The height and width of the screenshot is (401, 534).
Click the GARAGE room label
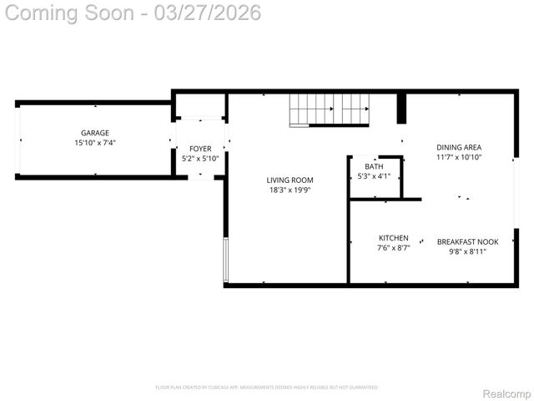click(94, 133)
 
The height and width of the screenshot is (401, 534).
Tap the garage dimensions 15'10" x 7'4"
click(94, 143)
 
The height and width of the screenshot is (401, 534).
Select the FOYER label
click(200, 148)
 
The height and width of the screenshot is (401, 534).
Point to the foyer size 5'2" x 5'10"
click(200, 158)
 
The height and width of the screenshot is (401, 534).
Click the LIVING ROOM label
click(290, 180)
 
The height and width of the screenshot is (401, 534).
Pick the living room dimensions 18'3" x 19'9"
click(290, 190)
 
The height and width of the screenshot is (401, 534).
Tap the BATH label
click(374, 166)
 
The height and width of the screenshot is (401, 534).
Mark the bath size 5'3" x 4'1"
click(374, 176)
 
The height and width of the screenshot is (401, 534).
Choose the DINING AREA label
click(459, 147)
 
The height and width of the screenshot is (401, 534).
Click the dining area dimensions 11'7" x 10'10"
click(459, 157)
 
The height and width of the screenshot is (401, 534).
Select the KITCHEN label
click(394, 238)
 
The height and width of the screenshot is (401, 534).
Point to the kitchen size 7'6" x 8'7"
click(394, 248)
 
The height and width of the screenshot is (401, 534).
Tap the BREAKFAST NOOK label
click(468, 242)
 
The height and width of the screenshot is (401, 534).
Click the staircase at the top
click(330, 109)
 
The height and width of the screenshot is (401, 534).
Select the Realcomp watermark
click(506, 393)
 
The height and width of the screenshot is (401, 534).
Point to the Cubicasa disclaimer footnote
click(267, 387)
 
